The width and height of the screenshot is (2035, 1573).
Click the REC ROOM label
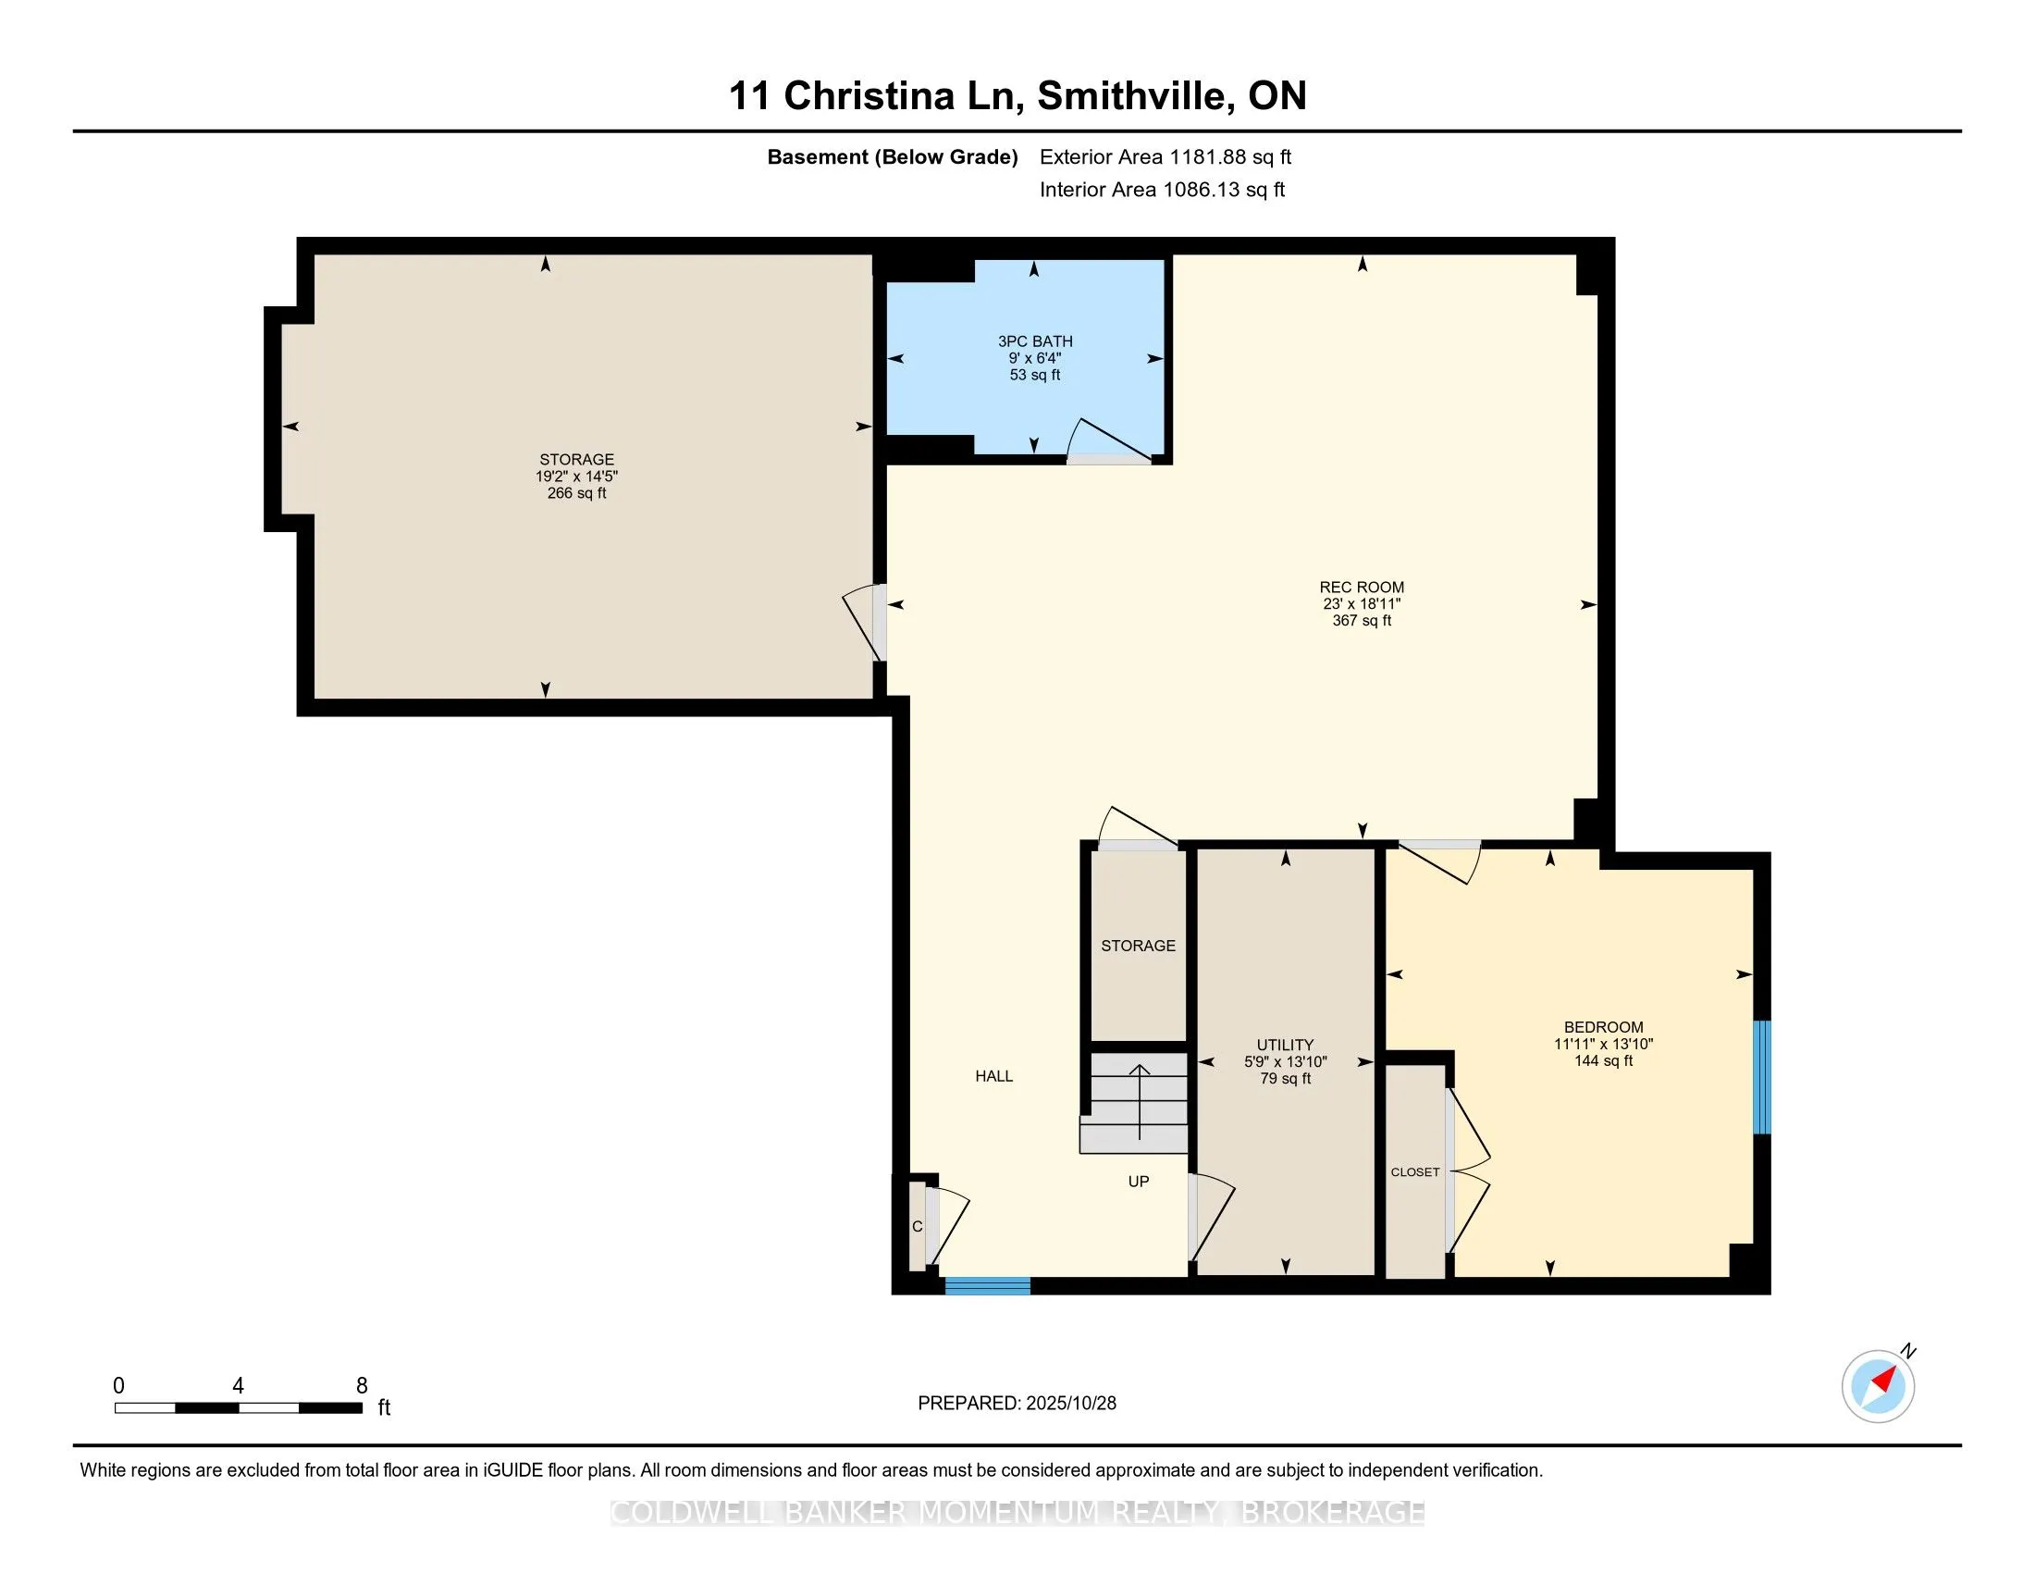(1362, 587)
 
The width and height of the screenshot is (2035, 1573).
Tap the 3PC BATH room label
(1034, 342)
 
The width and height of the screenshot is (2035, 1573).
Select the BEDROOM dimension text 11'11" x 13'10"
(1603, 1045)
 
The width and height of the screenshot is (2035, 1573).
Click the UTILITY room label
(1285, 1045)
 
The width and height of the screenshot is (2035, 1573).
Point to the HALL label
(993, 1076)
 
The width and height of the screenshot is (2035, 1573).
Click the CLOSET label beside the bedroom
(1414, 1172)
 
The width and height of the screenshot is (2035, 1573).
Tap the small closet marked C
(918, 1226)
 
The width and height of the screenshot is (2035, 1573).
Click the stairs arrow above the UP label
(1139, 1099)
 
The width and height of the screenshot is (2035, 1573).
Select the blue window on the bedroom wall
(1761, 1077)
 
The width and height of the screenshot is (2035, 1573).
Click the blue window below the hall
(988, 1286)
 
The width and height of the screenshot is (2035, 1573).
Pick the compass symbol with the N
(1879, 1387)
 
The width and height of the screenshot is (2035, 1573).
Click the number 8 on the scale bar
(362, 1386)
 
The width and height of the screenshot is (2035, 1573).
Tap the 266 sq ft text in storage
(577, 493)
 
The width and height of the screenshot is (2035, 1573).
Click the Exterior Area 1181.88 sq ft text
(1165, 157)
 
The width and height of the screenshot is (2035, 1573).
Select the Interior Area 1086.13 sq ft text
(1162, 190)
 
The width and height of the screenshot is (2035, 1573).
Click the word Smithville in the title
(1130, 96)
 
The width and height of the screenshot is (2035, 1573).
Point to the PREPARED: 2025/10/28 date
(1017, 1404)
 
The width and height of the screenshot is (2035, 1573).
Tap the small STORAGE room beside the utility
(1138, 946)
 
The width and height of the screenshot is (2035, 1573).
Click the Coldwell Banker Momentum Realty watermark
(1017, 1513)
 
